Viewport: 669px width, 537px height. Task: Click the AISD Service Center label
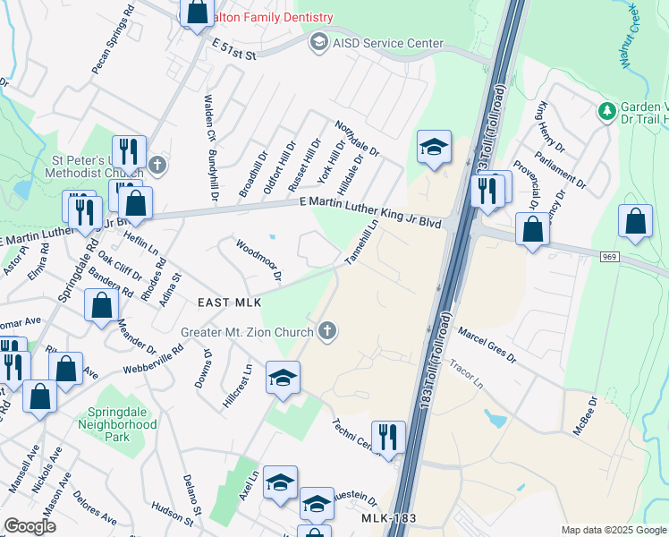pos(388,43)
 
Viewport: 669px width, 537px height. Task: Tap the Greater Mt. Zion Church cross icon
pos(327,332)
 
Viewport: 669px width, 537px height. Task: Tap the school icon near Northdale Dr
pos(434,148)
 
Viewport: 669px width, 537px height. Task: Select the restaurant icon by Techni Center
pos(388,438)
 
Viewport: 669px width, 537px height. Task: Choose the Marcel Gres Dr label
pos(487,345)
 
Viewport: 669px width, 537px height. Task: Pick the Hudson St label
pos(173,513)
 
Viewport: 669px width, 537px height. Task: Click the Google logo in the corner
pos(30,526)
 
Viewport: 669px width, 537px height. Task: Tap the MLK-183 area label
pos(392,519)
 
